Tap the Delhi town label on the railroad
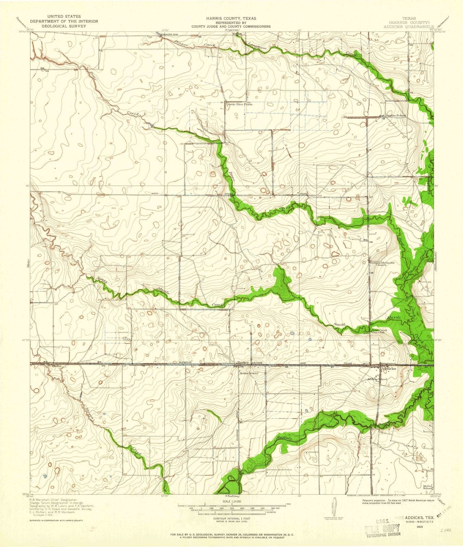[x=56, y=365]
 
